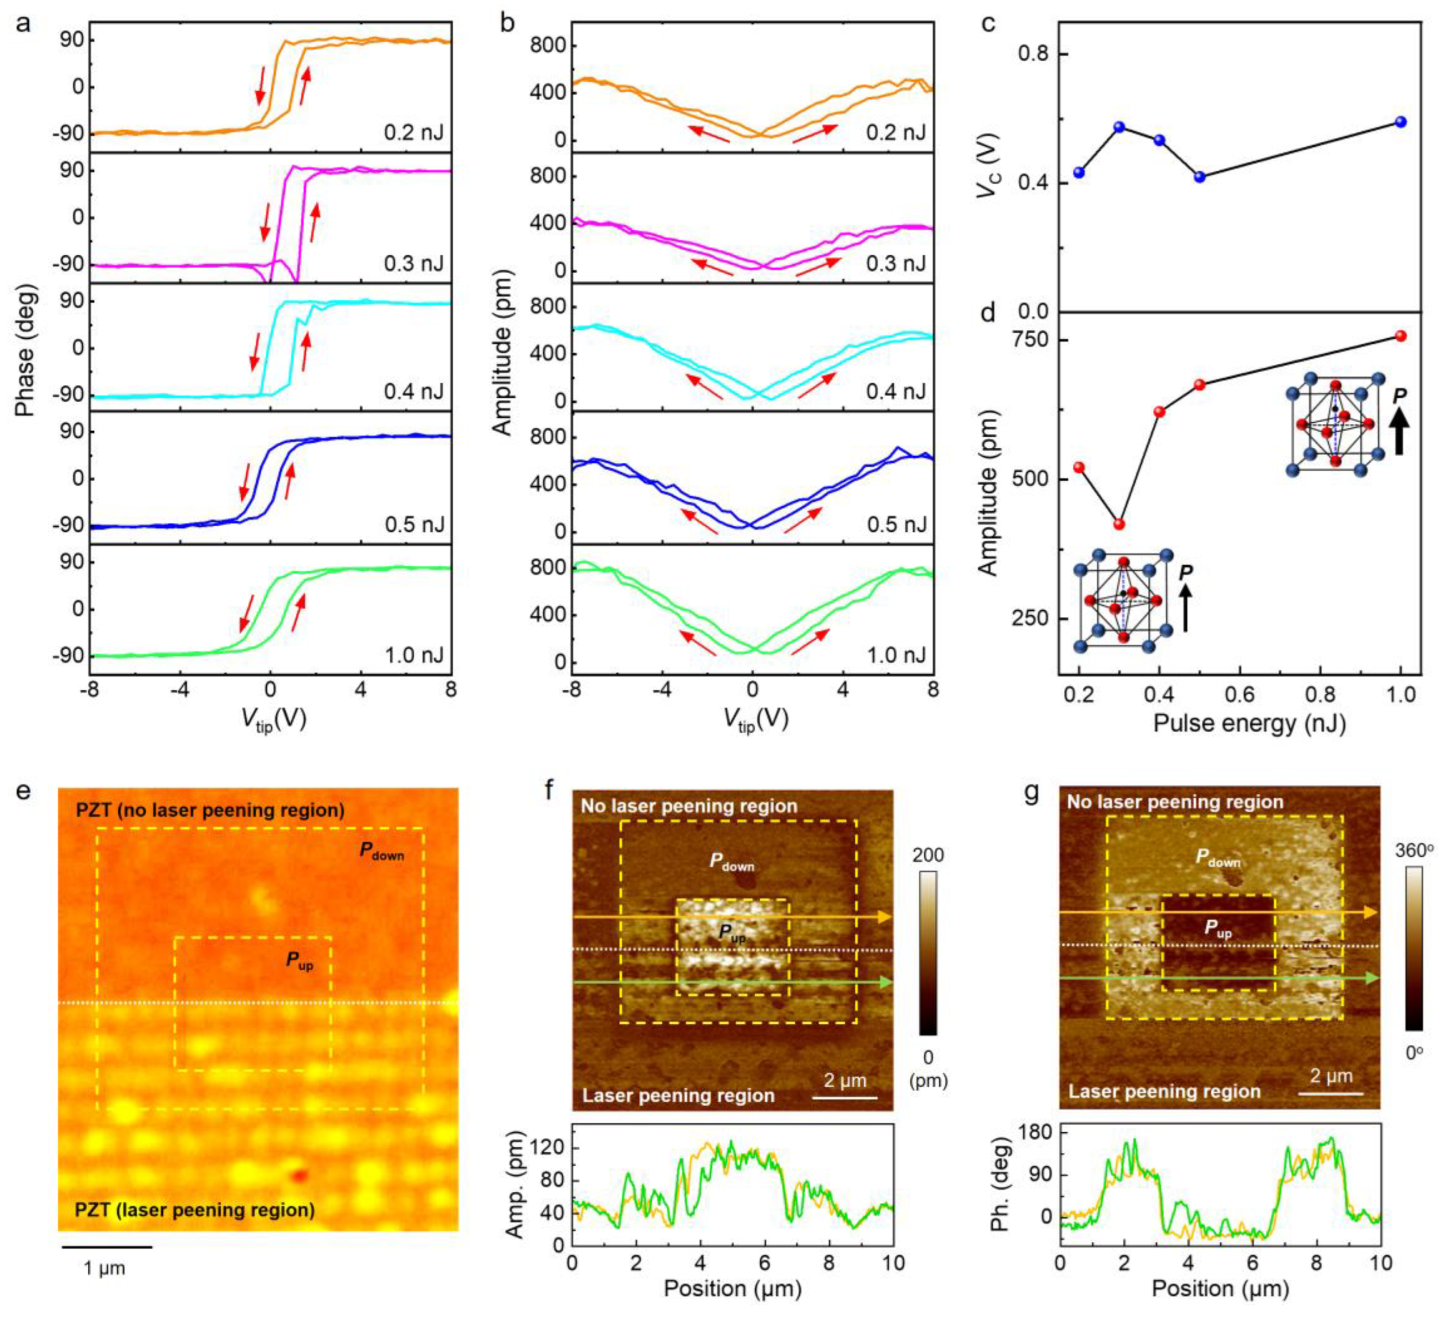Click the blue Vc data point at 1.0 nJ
coord(1401,122)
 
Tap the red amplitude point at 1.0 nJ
coord(1401,336)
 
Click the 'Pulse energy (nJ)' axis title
coord(1249,723)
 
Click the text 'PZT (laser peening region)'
coord(194,1210)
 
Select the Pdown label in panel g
coord(1218,858)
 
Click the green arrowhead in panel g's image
coord(1371,978)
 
